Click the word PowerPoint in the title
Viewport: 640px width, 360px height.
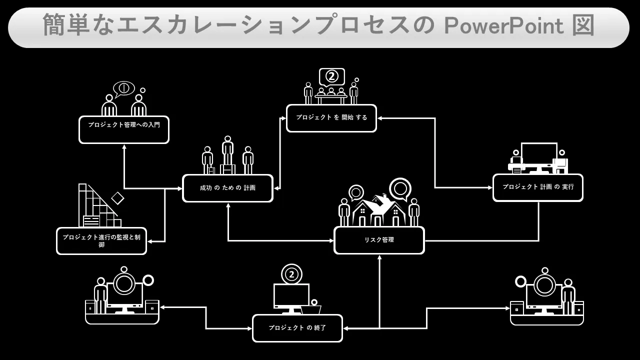504,26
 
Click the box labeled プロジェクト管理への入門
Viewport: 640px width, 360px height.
124,129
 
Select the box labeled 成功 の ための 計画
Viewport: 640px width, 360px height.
227,188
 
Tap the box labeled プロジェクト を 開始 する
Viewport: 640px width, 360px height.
331,118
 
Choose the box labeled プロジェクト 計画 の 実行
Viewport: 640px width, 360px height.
538,187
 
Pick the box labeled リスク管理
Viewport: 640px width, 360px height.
379,240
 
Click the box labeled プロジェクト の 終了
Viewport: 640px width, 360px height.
297,328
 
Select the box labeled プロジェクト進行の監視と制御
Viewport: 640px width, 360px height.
101,241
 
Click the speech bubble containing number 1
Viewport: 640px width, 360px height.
123,89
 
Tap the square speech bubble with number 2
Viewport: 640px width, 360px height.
331,77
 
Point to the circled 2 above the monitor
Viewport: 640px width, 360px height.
291,274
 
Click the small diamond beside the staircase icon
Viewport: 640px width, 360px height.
117,198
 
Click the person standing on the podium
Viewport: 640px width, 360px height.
227,150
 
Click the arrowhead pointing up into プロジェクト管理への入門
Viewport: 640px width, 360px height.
124,147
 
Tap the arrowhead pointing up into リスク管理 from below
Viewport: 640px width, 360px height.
379,257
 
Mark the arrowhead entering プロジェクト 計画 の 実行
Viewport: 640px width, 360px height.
489,187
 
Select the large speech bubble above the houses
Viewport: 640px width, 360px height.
400,189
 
